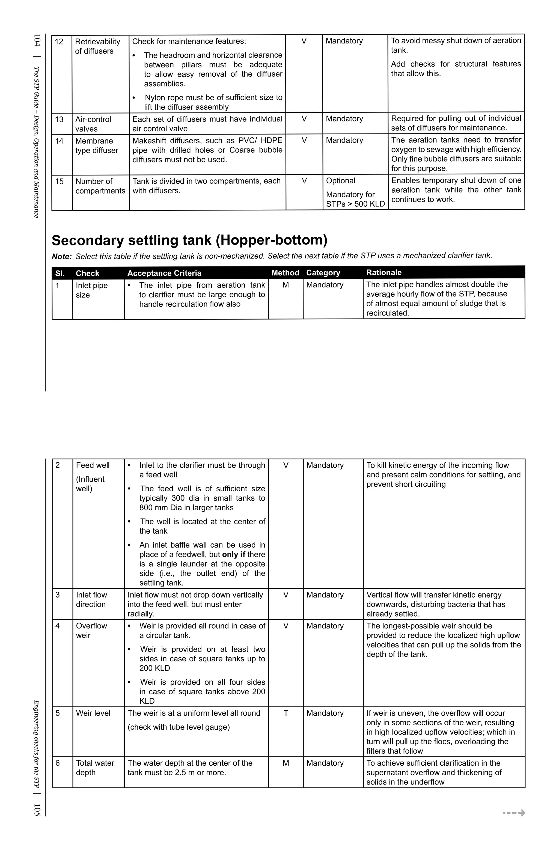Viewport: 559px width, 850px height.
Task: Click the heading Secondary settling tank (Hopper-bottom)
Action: click(189, 240)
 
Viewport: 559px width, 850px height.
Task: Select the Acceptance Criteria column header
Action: click(164, 273)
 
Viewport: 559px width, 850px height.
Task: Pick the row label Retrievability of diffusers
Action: click(97, 46)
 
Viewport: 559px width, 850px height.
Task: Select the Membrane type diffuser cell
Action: click(96, 146)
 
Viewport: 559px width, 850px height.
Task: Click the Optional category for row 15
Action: click(340, 181)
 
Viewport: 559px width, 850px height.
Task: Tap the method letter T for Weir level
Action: click(286, 713)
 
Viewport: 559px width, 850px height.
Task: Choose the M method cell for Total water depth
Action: click(286, 763)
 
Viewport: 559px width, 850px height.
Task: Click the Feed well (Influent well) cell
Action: click(93, 477)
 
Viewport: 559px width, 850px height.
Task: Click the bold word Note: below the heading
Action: click(62, 256)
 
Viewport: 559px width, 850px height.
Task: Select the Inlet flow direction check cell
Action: click(91, 599)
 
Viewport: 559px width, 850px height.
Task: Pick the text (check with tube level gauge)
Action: click(179, 727)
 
